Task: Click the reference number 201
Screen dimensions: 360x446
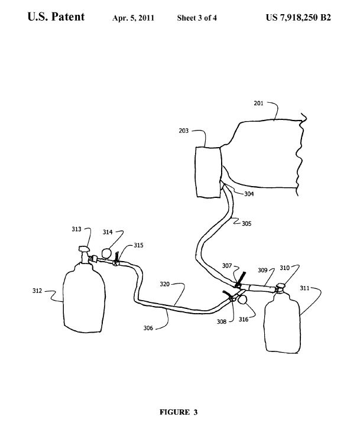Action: pyautogui.click(x=258, y=103)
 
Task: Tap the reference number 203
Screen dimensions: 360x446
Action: pyautogui.click(x=184, y=131)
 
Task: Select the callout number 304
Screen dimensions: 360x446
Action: pyautogui.click(x=249, y=194)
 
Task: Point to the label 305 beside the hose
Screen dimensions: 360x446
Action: pyautogui.click(x=247, y=223)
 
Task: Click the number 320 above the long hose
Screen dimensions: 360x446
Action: pyautogui.click(x=164, y=284)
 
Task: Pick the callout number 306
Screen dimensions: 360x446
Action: pyautogui.click(x=148, y=328)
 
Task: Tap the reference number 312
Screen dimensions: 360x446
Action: pyautogui.click(x=37, y=291)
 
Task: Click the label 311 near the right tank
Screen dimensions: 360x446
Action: pyautogui.click(x=304, y=288)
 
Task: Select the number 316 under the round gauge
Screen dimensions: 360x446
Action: pyautogui.click(x=244, y=320)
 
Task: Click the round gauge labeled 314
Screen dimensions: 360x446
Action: pyautogui.click(x=106, y=253)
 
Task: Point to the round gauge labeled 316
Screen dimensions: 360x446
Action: pyautogui.click(x=242, y=300)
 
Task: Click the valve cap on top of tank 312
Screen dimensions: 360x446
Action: pyautogui.click(x=85, y=249)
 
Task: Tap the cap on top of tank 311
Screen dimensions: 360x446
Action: pyautogui.click(x=281, y=285)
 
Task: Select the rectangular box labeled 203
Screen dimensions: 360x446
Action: pyautogui.click(x=208, y=172)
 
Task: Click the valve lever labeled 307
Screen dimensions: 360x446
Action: pyautogui.click(x=241, y=279)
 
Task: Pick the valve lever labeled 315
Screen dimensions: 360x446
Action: pyautogui.click(x=116, y=258)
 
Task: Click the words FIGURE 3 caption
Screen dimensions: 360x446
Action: pyautogui.click(x=179, y=412)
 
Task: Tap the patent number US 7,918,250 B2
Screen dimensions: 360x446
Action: pyautogui.click(x=299, y=18)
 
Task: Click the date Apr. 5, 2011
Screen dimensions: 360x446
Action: pyautogui.click(x=133, y=18)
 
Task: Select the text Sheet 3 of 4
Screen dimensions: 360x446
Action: pyautogui.click(x=197, y=18)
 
